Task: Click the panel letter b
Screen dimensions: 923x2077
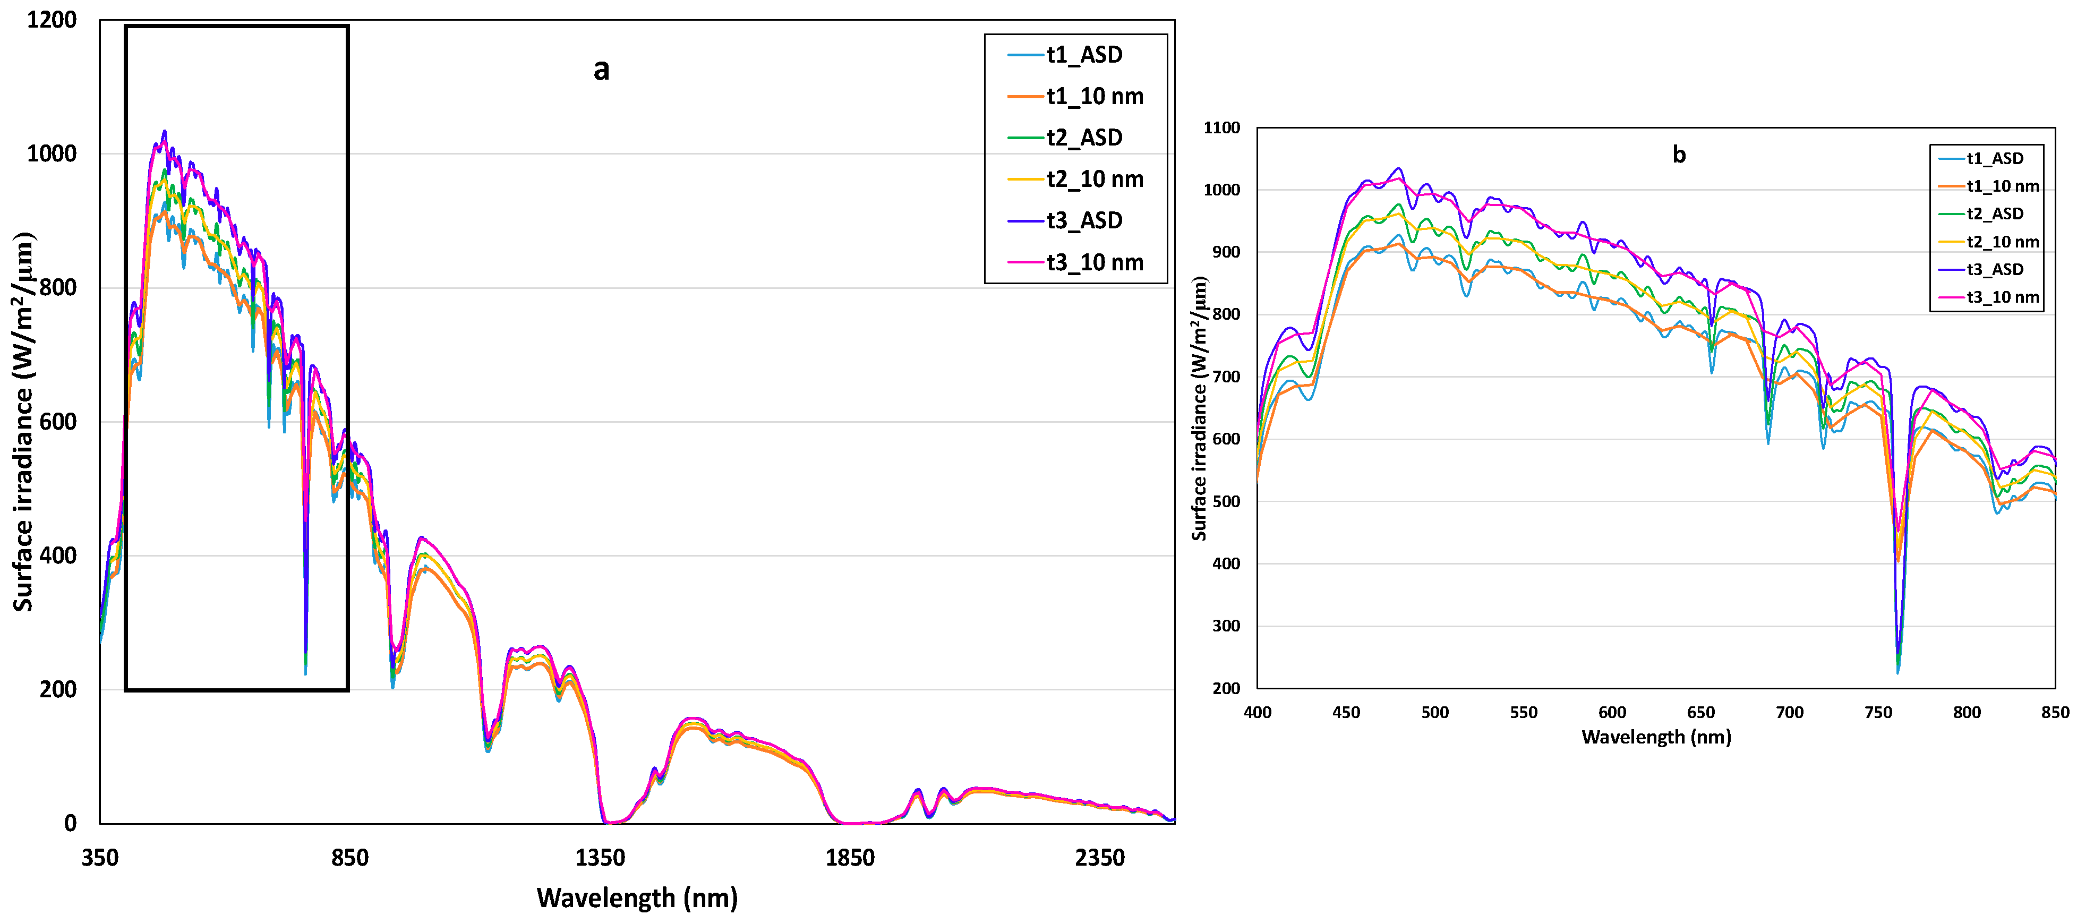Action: point(1679,154)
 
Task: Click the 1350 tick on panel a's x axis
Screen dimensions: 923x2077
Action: point(600,858)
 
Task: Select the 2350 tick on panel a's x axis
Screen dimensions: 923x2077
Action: point(1100,858)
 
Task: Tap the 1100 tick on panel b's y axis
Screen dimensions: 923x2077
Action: point(1221,127)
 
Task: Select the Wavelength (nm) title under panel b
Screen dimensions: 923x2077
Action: point(1656,737)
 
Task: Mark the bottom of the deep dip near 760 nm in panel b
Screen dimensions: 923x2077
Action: point(1897,671)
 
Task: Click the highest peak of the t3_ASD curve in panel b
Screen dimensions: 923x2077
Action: point(1398,168)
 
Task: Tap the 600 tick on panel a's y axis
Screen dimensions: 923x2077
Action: point(58,422)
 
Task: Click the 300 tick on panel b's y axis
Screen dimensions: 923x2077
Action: point(1226,626)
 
